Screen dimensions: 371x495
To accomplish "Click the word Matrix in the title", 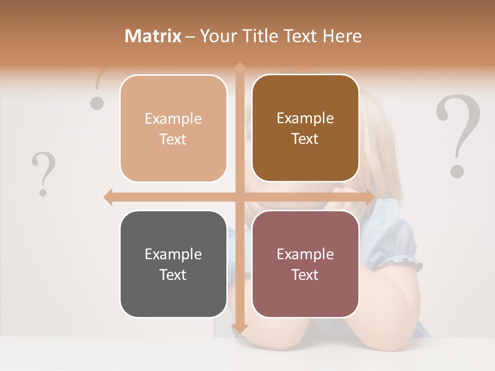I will (153, 36).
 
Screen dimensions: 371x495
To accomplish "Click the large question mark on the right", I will (458, 136).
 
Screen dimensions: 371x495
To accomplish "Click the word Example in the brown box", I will (305, 118).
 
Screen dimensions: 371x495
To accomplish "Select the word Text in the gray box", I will (173, 275).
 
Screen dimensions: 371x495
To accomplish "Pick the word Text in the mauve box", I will (305, 275).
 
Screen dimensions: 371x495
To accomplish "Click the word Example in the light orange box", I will (173, 119).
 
